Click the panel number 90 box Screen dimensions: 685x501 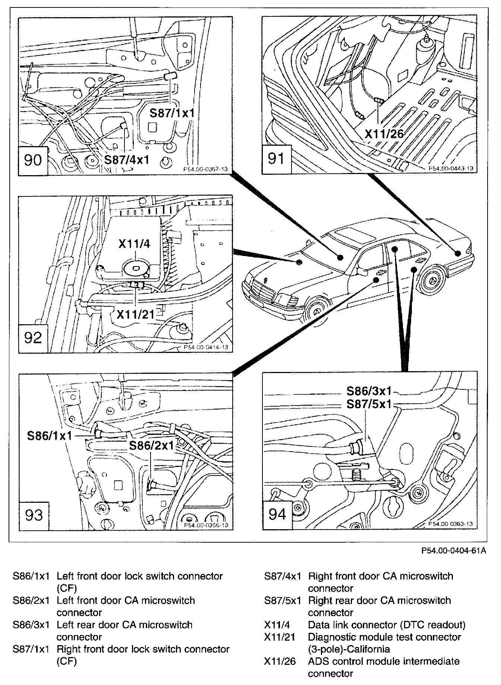coord(33,161)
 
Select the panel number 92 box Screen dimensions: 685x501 coord(33,338)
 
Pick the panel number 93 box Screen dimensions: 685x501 coord(34,515)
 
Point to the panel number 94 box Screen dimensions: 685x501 coord(277,515)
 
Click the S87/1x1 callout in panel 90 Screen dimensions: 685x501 coord(172,113)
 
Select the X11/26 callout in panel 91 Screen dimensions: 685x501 coord(384,133)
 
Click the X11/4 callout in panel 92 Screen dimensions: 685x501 coord(134,244)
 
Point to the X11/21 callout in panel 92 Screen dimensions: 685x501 coord(135,315)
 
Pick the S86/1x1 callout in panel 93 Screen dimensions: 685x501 coord(49,435)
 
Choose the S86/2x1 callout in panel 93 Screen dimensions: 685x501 coord(151,445)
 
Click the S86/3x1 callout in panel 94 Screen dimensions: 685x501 coord(369,391)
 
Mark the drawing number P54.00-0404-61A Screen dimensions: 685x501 coord(454,551)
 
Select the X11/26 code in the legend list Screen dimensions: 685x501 coord(280,661)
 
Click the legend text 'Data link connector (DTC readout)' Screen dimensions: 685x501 coord(387,625)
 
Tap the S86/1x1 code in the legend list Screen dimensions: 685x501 coord(31,576)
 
